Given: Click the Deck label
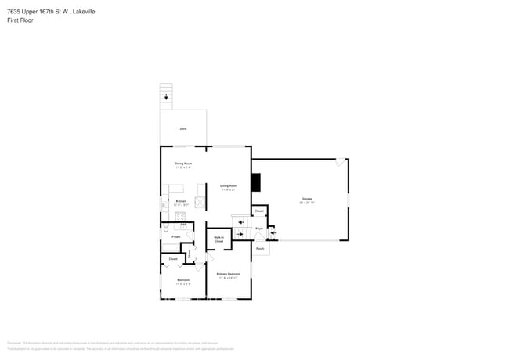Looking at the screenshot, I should coord(182,128).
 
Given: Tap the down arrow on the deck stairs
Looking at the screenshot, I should coord(166,97).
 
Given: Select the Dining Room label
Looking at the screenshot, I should coord(183,164).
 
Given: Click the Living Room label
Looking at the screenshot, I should coord(229,185).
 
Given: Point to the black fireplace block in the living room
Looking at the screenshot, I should coord(255,182).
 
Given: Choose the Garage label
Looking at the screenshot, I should coord(307,199).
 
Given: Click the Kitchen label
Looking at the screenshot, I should coord(181,201).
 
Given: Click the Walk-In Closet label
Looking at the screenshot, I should coord(219,239).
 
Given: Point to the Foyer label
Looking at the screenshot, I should coord(258,229).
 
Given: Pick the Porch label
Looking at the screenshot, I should coord(260,249).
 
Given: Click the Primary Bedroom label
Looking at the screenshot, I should coord(229,273).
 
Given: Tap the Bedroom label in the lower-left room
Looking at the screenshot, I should coord(183,279).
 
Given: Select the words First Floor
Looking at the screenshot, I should coord(21,20).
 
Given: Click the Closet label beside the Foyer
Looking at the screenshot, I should coord(258,211).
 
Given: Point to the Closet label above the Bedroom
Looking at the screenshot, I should coord(172,257).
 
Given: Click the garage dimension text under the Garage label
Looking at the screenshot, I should coord(307,203).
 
